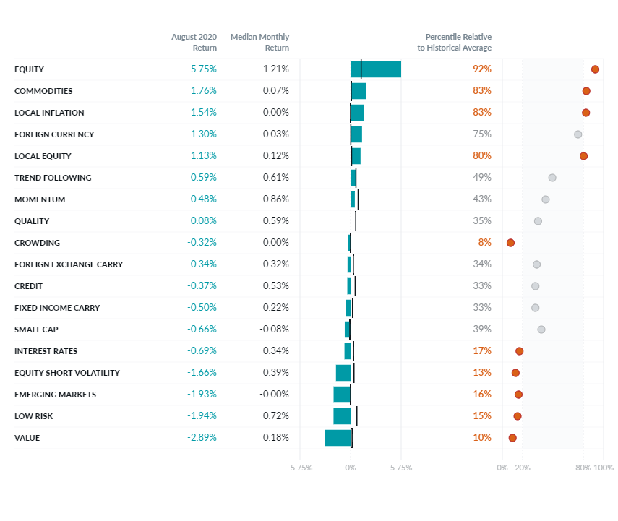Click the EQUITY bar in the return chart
(x=376, y=69)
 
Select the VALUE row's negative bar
(x=338, y=438)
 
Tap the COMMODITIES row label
(x=43, y=91)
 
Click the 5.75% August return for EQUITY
(x=203, y=69)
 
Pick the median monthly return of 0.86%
(x=275, y=199)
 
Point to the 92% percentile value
(x=482, y=69)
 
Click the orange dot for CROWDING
(x=510, y=243)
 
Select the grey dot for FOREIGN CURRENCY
(x=578, y=134)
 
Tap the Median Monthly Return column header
(x=259, y=42)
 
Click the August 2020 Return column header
(x=194, y=42)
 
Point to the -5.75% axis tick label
(x=300, y=468)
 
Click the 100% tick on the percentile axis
(x=604, y=468)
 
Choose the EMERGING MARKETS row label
(x=55, y=395)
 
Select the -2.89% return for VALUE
(x=202, y=438)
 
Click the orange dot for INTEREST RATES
(x=519, y=351)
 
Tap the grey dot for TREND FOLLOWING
(x=552, y=178)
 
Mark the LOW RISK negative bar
(x=342, y=416)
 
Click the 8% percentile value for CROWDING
(x=484, y=243)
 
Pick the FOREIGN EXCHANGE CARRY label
(x=69, y=264)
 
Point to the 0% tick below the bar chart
(x=351, y=468)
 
